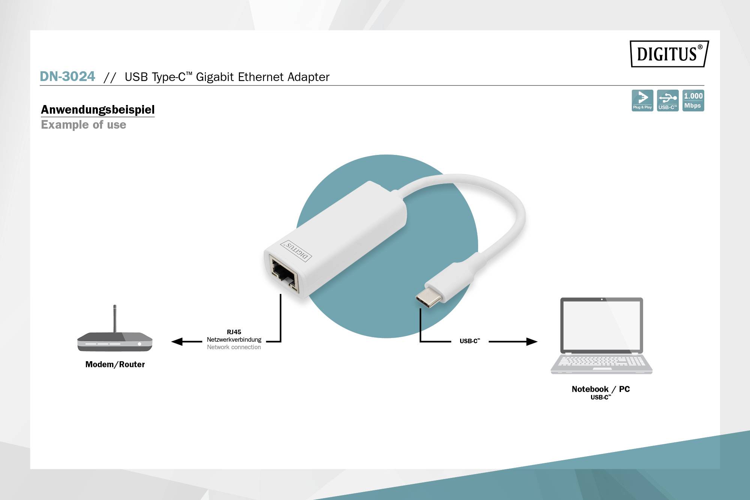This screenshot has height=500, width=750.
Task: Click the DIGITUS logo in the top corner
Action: tap(669, 54)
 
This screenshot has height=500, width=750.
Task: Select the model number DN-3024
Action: tap(67, 77)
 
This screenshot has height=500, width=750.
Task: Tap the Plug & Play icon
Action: tap(642, 101)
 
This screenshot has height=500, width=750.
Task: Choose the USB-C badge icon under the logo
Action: tap(667, 101)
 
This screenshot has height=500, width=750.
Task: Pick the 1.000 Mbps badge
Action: tap(693, 101)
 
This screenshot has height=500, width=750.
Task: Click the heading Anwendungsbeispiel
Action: tap(97, 110)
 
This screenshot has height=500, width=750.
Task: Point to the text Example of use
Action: tap(84, 125)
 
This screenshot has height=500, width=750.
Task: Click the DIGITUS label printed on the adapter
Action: tap(297, 251)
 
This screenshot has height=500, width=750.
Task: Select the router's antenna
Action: tap(115, 318)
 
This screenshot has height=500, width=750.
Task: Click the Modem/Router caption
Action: tap(115, 364)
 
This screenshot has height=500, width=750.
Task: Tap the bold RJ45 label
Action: tap(234, 332)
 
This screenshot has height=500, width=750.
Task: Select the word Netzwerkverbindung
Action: tap(234, 339)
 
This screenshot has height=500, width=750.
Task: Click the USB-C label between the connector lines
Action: tap(469, 341)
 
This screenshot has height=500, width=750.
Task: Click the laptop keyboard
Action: tap(601, 361)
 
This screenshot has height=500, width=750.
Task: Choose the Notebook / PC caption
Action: tap(601, 389)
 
